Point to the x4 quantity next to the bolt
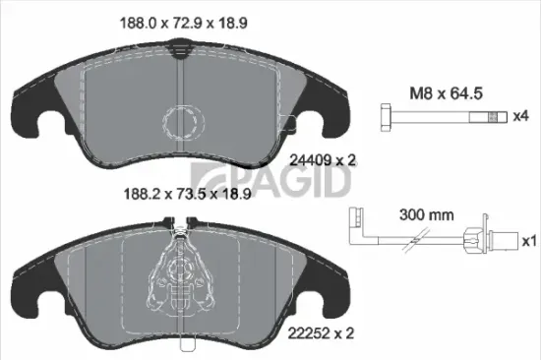(x=520, y=117)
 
